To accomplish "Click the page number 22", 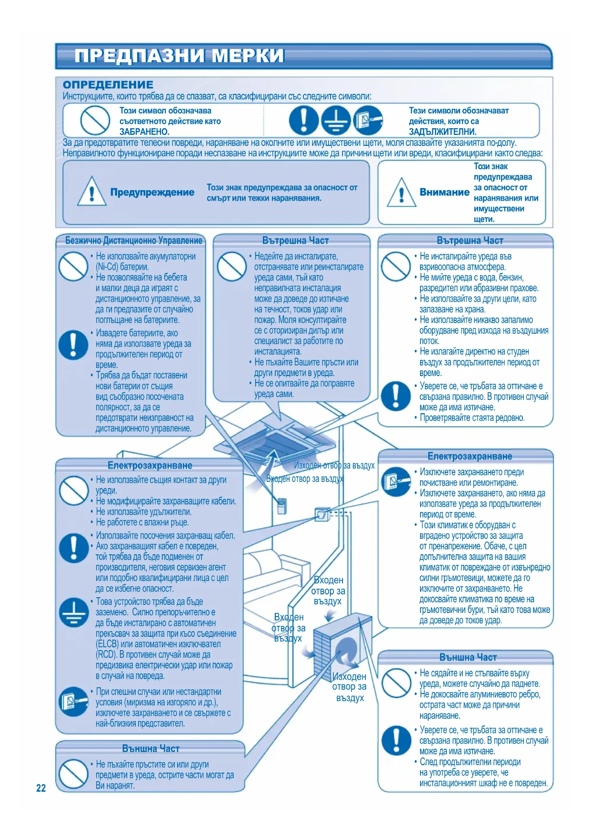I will [x=41, y=788].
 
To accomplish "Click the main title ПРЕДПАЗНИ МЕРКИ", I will [x=179, y=56].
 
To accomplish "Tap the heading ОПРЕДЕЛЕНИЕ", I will [x=108, y=85].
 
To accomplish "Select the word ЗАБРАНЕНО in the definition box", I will [x=144, y=132].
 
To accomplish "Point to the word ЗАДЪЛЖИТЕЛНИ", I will [x=442, y=132].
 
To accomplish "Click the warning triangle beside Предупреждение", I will [x=91, y=192].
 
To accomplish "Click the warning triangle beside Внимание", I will [x=401, y=193].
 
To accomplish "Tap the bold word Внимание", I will [x=444, y=192].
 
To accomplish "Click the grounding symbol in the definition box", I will [x=336, y=120].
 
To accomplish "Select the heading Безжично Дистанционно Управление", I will [x=134, y=241].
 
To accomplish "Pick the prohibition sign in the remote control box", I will [x=73, y=266].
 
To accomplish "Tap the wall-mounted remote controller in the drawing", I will [x=282, y=506].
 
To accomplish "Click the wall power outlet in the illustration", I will [x=322, y=514].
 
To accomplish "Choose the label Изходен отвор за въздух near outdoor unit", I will [x=349, y=687].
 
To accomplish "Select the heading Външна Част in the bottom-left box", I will [x=150, y=749].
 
